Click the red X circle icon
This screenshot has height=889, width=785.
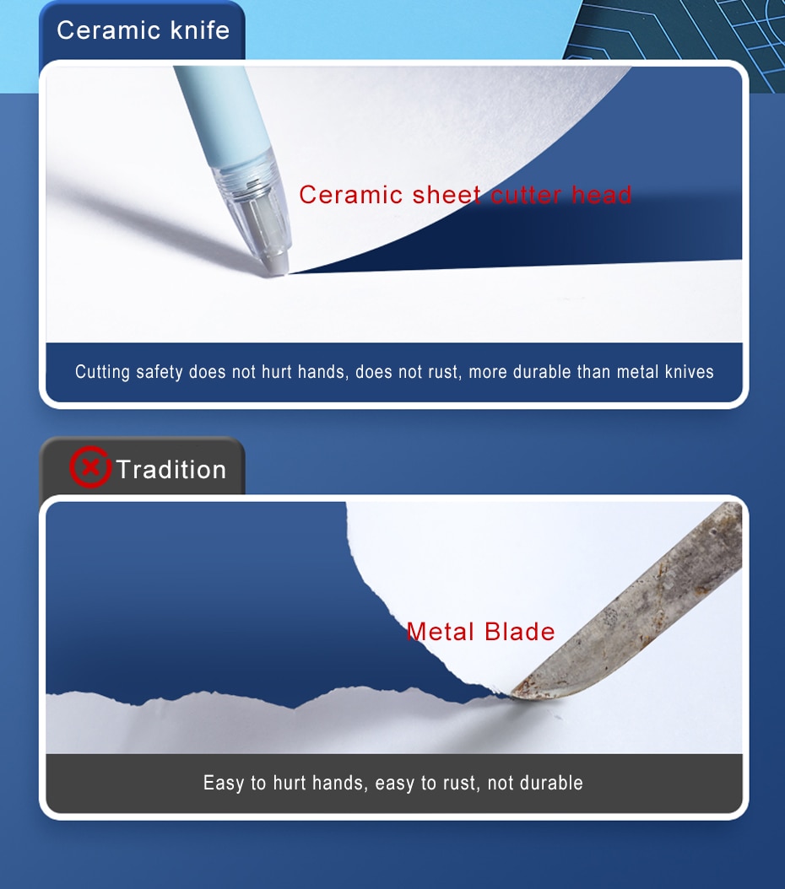pos(89,467)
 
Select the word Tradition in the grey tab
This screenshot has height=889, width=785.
pos(171,470)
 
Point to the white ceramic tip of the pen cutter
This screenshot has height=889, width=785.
pos(276,264)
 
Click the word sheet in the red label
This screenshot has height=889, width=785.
pos(447,195)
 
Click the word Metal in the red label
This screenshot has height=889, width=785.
pos(440,632)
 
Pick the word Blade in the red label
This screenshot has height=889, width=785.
pos(520,632)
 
